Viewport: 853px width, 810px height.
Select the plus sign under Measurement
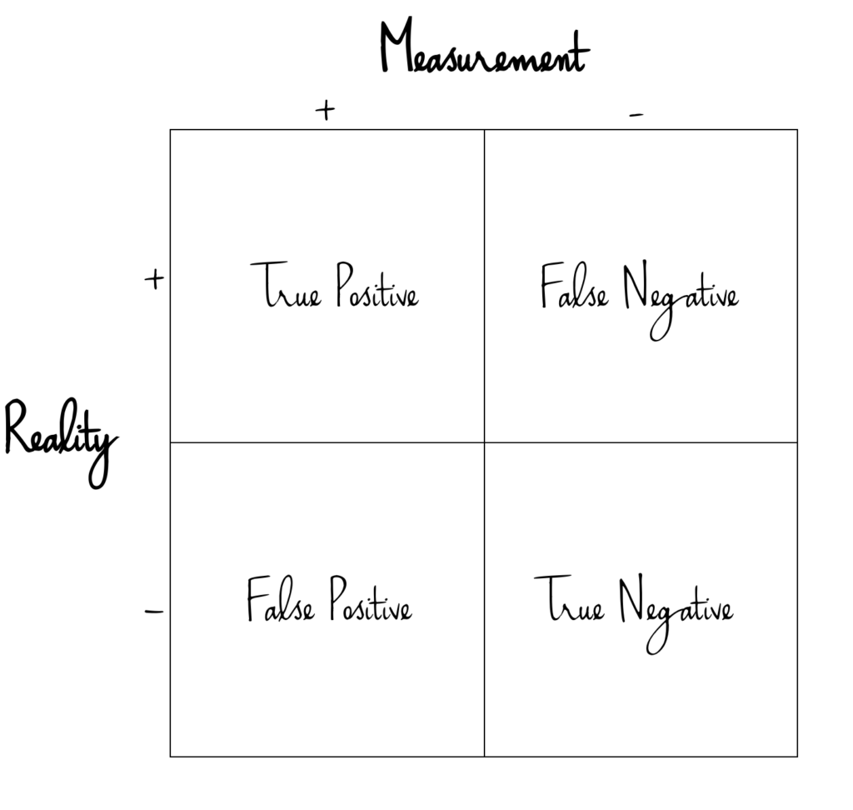pos(325,110)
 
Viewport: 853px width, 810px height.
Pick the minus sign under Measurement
pos(636,115)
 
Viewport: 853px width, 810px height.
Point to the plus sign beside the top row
pos(153,279)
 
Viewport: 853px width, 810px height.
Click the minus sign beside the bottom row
pos(154,613)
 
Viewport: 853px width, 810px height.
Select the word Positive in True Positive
pos(377,287)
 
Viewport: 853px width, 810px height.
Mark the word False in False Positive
pos(281,600)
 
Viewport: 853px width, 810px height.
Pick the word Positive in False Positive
pos(371,602)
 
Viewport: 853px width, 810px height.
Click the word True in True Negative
pos(569,601)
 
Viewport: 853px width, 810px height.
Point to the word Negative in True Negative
pos(676,609)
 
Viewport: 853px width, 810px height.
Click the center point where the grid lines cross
pos(484,442)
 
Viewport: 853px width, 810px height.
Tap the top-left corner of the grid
pos(171,130)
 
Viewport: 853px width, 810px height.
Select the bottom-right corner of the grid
pos(797,756)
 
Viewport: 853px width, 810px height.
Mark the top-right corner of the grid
pos(797,130)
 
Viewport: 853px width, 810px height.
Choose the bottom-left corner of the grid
pos(171,756)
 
